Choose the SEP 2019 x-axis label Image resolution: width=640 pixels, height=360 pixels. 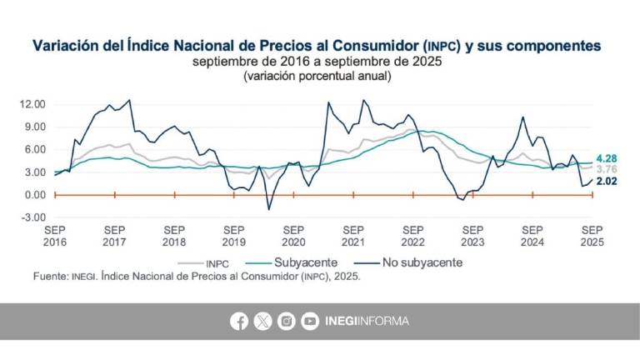(234, 235)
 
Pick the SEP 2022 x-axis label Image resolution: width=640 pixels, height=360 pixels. (413, 235)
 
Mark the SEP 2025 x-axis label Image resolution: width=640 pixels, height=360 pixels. (592, 235)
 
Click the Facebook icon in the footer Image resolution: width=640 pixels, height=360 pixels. (240, 321)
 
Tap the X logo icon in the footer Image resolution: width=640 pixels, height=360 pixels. (263, 321)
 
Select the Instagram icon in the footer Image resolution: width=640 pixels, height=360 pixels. (287, 321)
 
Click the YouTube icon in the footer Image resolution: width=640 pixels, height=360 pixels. (310, 321)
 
